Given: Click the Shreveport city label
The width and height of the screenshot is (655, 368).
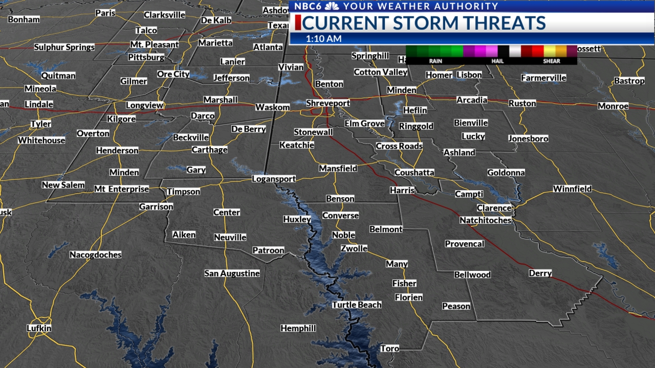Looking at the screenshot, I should tap(328, 103).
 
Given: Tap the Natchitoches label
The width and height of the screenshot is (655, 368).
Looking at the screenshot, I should tap(485, 220).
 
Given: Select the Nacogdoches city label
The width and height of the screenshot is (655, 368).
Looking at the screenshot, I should tap(95, 255).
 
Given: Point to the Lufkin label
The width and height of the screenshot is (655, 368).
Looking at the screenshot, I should tap(39, 328).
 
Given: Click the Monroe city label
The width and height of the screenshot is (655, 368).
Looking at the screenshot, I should tap(613, 106).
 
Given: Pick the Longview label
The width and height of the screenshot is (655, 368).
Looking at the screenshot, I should tap(145, 105).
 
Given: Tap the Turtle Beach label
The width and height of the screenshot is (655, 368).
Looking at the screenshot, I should tap(357, 305).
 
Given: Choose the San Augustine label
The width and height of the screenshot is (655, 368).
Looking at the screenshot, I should tap(232, 273).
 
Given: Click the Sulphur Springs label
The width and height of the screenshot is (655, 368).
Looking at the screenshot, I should tap(64, 48).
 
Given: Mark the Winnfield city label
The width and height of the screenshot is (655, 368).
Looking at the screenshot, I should tap(572, 189).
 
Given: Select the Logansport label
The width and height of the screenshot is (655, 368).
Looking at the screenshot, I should tap(274, 179).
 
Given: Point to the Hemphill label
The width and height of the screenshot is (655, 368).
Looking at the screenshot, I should tap(298, 328).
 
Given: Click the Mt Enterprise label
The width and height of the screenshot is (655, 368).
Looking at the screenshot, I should tap(121, 189).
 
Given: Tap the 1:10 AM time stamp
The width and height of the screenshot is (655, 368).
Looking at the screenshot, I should tap(324, 39).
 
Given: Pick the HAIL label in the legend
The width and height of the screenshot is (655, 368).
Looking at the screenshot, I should tap(497, 61).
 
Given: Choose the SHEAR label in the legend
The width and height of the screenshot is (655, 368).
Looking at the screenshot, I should tap(552, 61).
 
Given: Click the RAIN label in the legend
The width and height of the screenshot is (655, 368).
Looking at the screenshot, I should tap(435, 61).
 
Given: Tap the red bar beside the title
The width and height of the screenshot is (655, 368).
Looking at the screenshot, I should tap(297, 23).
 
